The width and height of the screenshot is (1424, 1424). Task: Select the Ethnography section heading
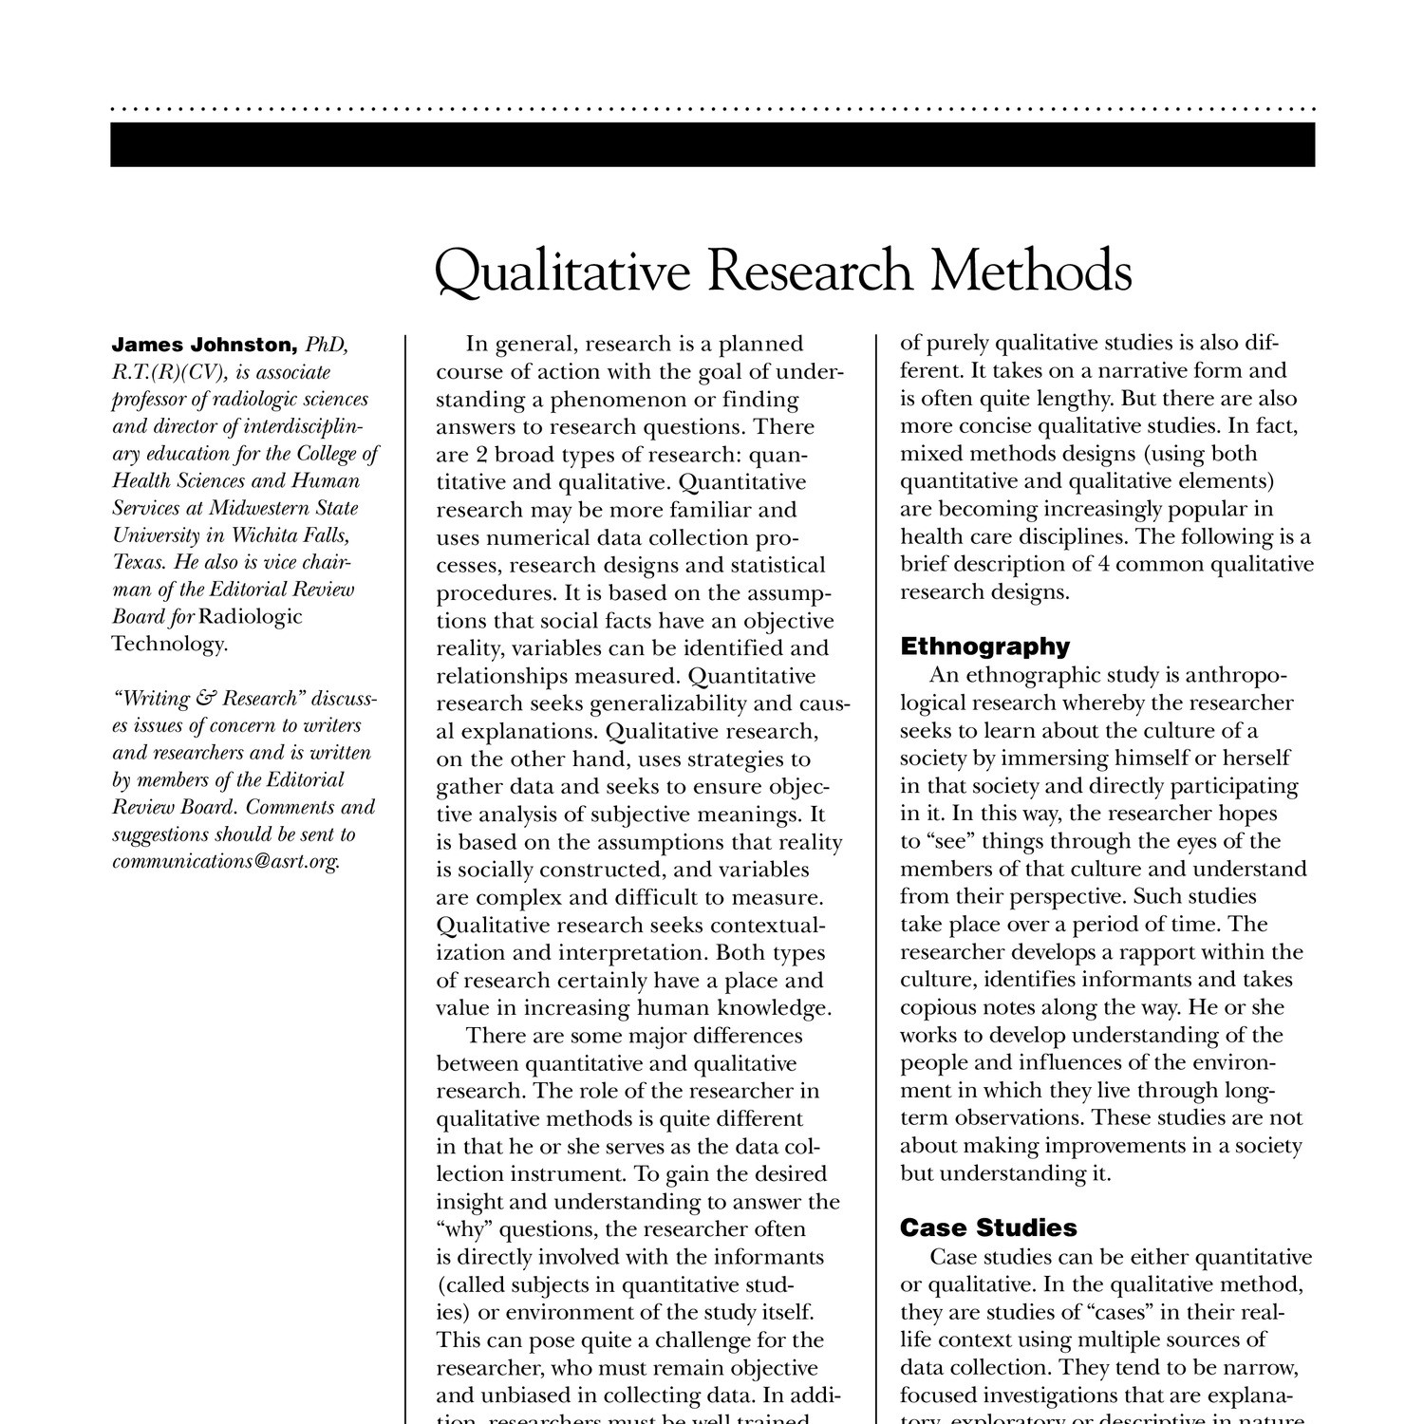(984, 646)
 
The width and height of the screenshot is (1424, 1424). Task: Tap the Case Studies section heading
(988, 1227)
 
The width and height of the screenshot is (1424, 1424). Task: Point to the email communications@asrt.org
(225, 862)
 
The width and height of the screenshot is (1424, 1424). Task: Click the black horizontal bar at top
(712, 144)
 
